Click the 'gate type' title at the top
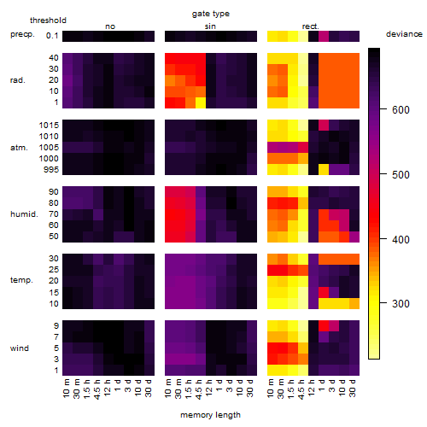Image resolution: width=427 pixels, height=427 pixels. [x=211, y=14]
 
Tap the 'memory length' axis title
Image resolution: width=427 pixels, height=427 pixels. [x=210, y=415]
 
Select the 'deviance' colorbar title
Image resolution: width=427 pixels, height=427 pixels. [x=404, y=34]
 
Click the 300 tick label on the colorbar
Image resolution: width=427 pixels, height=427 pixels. [x=401, y=304]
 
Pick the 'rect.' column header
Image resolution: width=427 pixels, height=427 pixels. [x=310, y=26]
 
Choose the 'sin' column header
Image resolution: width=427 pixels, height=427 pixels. [x=210, y=26]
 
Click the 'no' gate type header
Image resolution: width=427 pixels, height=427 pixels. [x=110, y=26]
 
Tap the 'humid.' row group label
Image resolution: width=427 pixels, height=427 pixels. [x=24, y=214]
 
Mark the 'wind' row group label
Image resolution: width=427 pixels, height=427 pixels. [x=20, y=348]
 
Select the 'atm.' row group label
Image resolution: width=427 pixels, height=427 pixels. [x=19, y=148]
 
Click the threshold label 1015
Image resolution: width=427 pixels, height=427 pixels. [x=49, y=125]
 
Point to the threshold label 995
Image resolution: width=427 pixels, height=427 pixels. [x=51, y=170]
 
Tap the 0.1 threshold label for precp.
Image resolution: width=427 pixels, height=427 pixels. [x=52, y=36]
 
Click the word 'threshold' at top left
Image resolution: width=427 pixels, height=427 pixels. [x=48, y=20]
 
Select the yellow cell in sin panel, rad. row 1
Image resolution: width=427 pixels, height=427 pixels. [x=201, y=102]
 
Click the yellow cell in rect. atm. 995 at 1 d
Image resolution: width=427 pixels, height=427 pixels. [x=324, y=169]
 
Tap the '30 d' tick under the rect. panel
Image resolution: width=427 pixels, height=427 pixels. [x=353, y=388]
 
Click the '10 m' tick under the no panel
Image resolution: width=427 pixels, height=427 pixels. [x=66, y=389]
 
